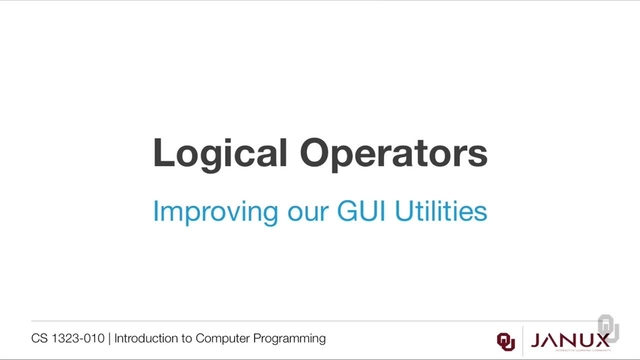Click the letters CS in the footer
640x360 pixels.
coord(39,339)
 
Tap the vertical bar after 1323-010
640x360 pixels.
coord(109,339)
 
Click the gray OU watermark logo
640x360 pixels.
coord(609,328)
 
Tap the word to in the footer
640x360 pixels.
coord(191,339)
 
